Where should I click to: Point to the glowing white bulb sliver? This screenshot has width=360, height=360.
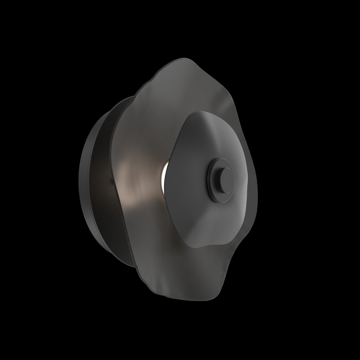163,176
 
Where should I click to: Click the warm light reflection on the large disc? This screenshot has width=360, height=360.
135,176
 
